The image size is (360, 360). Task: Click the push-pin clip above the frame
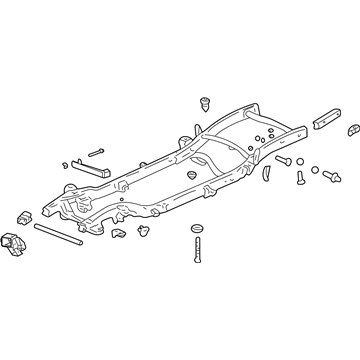pyautogui.click(x=208, y=102)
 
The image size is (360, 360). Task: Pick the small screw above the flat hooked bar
pyautogui.click(x=96, y=154)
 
